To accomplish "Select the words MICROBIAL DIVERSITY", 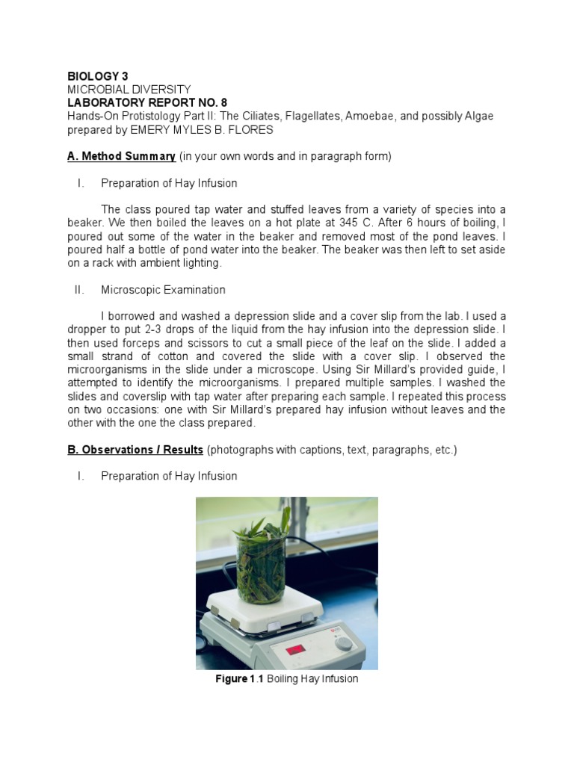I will point(129,90).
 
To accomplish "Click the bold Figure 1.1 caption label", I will point(239,679).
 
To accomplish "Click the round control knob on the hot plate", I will point(342,642).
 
